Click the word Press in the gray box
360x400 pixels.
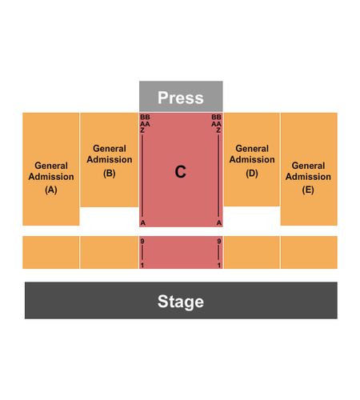181,98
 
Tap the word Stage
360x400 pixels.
181,302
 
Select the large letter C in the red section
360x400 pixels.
180,171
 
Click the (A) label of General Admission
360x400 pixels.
51,190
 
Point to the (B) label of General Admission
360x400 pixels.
110,174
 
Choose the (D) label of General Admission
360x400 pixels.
252,174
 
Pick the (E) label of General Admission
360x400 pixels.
308,190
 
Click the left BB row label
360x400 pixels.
145,117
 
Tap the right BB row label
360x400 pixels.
216,117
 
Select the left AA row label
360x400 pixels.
145,124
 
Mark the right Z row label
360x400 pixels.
218,130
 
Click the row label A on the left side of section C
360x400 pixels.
143,222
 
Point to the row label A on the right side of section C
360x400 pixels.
219,222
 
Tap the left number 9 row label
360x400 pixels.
142,242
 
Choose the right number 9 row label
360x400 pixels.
219,242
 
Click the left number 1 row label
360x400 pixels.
142,266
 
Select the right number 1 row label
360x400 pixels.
219,266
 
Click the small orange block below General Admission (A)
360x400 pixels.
50,252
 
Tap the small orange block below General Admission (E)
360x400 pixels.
309,252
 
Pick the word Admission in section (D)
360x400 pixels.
252,159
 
